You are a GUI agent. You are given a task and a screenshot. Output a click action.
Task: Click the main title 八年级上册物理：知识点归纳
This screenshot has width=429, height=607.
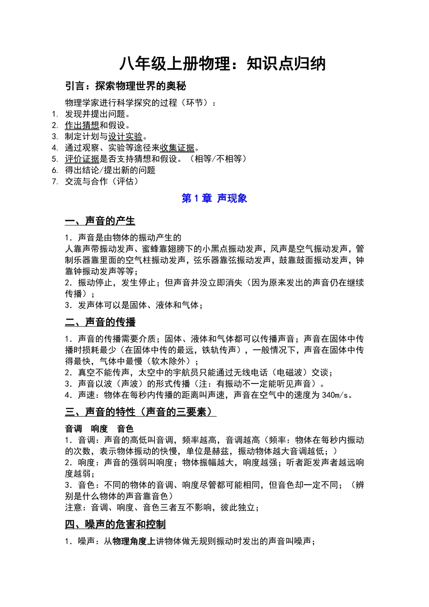(x=222, y=64)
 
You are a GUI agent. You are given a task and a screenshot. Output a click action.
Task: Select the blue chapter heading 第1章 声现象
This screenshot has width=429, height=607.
(x=214, y=198)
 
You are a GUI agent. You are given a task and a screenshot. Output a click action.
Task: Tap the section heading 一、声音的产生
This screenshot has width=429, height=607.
(x=100, y=221)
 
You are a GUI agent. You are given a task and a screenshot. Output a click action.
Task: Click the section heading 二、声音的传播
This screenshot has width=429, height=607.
(x=100, y=322)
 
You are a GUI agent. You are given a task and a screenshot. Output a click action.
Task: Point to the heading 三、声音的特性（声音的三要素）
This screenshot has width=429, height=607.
(x=140, y=412)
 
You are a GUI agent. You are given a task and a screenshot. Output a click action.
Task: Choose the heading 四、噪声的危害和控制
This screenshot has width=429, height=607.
(x=115, y=524)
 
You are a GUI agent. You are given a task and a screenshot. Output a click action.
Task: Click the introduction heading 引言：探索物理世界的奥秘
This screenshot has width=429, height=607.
(x=125, y=86)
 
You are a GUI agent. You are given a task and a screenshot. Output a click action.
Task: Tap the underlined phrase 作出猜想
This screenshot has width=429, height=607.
(x=82, y=125)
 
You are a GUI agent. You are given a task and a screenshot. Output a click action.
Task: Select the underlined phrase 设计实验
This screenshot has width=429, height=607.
(x=125, y=136)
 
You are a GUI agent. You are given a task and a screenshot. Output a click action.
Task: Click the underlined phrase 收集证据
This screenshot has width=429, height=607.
(x=177, y=148)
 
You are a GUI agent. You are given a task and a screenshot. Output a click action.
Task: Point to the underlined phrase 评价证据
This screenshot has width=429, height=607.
(x=82, y=159)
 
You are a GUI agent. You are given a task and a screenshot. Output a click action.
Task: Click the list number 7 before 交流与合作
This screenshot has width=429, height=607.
(x=55, y=182)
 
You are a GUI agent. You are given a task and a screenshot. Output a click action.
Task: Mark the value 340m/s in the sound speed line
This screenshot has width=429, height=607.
(x=335, y=395)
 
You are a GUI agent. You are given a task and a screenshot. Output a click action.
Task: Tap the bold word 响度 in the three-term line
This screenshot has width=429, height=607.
(x=99, y=429)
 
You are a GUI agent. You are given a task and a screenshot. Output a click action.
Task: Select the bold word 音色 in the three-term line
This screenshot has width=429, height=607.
(x=125, y=429)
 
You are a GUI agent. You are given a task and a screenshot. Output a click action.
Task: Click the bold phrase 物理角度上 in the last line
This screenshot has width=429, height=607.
(x=134, y=541)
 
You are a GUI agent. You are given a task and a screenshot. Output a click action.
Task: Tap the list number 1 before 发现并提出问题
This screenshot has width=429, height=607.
(x=55, y=114)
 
